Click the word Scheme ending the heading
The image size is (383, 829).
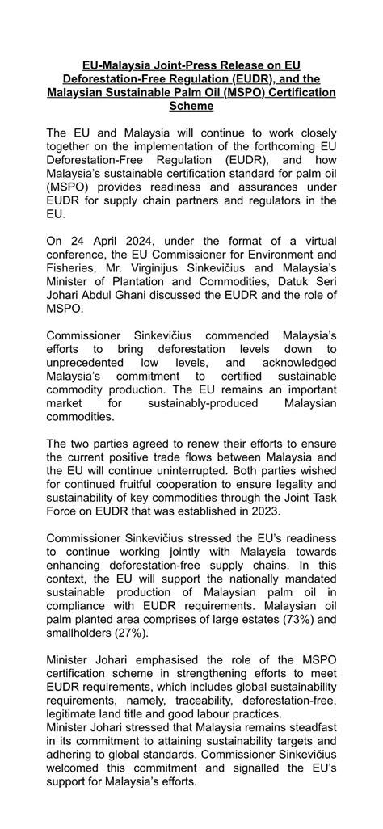point(191,105)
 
